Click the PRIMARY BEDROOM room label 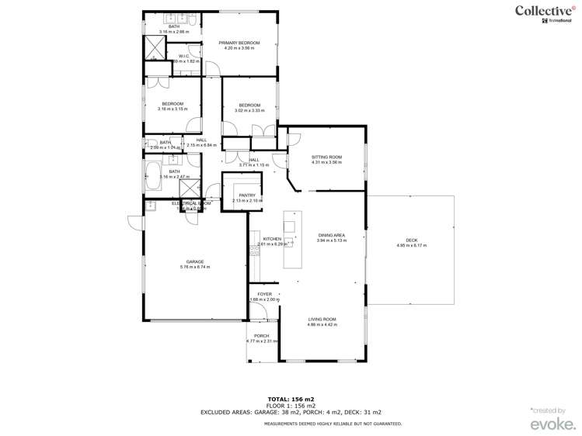pos(239,43)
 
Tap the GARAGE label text pos(195,261)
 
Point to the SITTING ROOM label pos(326,157)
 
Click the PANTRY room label pos(247,196)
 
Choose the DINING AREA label pos(331,235)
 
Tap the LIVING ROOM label pos(322,319)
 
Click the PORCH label pos(261,336)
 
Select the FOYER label pos(265,295)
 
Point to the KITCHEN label pos(272,239)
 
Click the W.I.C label pos(184,56)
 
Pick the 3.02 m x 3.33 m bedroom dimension pos(249,111)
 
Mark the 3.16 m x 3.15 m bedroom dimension pos(172,109)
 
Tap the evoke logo pos(553,424)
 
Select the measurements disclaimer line pos(333,424)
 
